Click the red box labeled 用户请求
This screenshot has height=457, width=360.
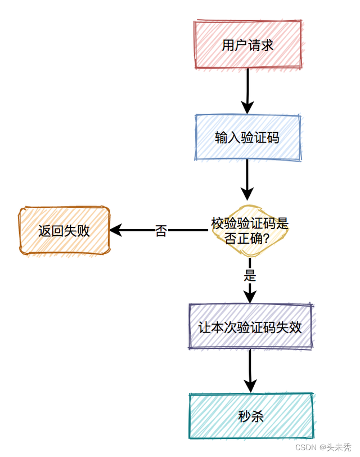[x=247, y=45]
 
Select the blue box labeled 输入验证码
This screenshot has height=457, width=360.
[x=247, y=138]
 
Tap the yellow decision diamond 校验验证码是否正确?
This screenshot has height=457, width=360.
[x=250, y=231]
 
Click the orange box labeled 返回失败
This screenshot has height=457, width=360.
[x=64, y=231]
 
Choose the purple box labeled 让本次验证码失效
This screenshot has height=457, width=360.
[x=250, y=327]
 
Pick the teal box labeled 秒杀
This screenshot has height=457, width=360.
[x=250, y=416]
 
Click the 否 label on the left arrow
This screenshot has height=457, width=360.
[x=161, y=231]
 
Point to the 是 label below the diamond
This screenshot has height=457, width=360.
[x=250, y=275]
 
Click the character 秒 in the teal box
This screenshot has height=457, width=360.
[x=244, y=416]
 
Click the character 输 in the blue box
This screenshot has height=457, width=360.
[x=221, y=138]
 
